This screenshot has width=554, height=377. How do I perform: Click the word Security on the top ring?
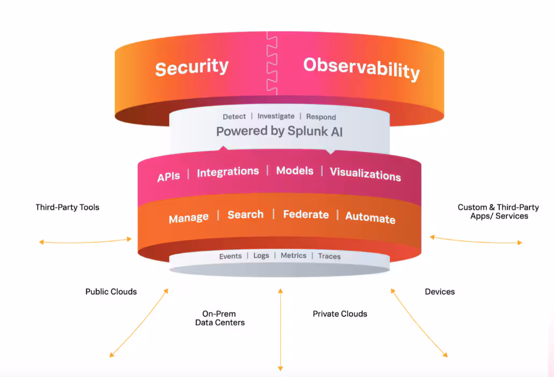[x=192, y=68]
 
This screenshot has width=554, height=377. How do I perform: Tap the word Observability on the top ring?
[x=361, y=68]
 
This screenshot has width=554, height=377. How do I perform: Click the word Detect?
[x=234, y=117]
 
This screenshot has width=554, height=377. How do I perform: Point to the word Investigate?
[x=276, y=116]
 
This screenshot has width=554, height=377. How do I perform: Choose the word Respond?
[x=321, y=117]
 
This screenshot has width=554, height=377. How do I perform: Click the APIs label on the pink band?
[x=169, y=177]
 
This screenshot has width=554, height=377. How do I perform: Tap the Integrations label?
[x=228, y=172]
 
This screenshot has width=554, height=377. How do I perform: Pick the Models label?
[x=295, y=171]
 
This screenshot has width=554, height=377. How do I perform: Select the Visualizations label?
[x=365, y=174]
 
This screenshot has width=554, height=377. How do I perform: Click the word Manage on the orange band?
[x=188, y=218]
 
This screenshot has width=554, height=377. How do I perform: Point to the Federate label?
[x=306, y=214]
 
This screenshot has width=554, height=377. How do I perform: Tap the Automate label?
[x=370, y=218]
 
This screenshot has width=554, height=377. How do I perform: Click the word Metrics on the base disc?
[x=294, y=256]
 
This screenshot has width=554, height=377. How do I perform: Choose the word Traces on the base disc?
[x=329, y=257]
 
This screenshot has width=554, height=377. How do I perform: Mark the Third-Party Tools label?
[x=68, y=207]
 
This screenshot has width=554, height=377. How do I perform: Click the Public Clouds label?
[x=111, y=292]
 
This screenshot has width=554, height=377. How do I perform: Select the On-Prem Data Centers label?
[x=220, y=318]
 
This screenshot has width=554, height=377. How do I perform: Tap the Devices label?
[x=440, y=292]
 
